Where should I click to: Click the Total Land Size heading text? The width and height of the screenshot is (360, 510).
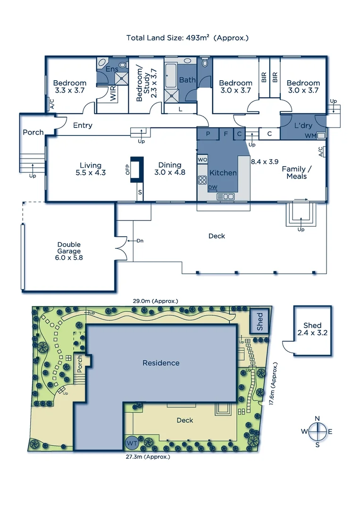187,37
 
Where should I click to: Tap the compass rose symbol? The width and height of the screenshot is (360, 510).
318,431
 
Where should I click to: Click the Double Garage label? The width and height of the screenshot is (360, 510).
69,251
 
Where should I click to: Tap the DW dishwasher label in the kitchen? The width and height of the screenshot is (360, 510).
213,187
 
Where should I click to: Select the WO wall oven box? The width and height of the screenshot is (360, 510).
203,160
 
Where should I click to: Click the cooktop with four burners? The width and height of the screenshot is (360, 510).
203,180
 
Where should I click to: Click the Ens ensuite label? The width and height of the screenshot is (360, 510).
112,69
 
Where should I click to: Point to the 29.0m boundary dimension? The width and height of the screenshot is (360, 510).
155,301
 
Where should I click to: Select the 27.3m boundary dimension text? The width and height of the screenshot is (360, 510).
148,457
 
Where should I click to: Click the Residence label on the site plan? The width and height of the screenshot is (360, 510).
161,363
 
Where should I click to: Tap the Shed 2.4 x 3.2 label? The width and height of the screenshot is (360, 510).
312,329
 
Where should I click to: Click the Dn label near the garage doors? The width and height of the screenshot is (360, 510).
140,241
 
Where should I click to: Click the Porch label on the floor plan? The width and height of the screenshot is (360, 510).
33,133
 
